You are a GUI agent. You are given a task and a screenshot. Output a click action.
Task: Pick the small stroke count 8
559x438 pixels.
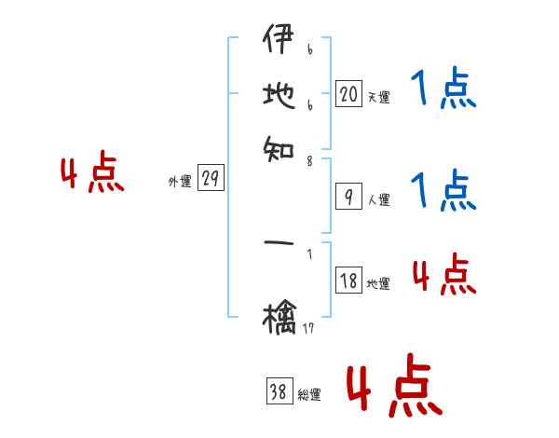coord(309,160)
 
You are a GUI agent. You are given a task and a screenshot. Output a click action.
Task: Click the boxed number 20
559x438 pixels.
coord(348,93)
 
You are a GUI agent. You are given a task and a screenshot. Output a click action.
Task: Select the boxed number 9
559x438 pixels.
coord(348,196)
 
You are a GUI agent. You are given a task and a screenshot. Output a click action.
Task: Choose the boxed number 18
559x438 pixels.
coord(348,281)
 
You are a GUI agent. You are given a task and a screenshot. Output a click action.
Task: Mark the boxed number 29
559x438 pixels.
coord(211,179)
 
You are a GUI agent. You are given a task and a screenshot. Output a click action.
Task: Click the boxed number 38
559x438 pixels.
coord(279,392)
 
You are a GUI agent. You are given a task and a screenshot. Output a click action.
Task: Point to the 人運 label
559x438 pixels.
coord(378,199)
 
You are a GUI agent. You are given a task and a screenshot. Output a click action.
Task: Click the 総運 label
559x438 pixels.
coord(309,395)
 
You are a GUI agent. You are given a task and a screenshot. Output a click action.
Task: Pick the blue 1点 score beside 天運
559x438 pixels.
coord(443,91)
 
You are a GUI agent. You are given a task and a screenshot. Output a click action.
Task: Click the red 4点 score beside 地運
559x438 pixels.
coord(443,276)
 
